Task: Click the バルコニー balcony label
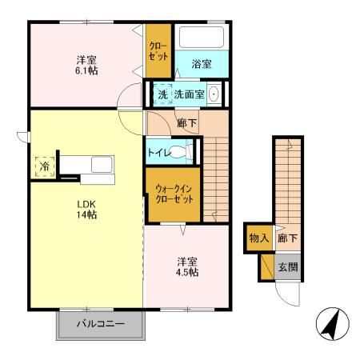click(x=101, y=325)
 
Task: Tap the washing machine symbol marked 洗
click(x=162, y=94)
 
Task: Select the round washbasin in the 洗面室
click(x=214, y=94)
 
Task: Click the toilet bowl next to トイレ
click(x=185, y=150)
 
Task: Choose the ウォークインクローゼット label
click(x=174, y=193)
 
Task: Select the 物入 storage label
click(x=258, y=238)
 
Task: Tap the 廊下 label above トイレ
click(x=187, y=122)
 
